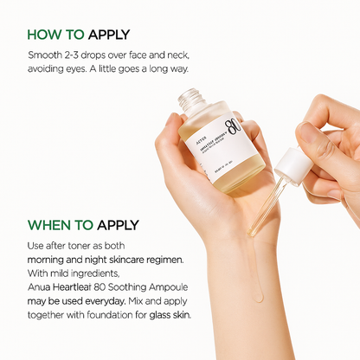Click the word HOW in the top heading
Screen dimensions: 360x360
click(x=45, y=35)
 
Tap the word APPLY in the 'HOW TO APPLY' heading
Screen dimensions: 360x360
click(x=107, y=35)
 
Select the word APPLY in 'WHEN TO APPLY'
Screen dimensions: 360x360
click(x=116, y=226)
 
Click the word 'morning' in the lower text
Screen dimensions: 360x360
click(x=48, y=260)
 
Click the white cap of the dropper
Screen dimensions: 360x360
click(x=281, y=164)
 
